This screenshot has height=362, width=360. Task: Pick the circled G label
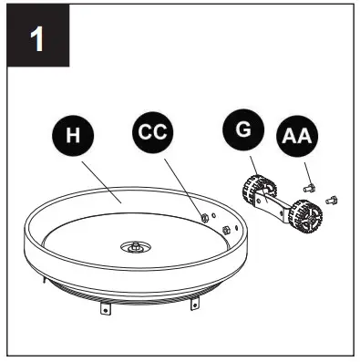click(242, 129)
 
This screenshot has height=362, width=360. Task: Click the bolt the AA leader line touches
click(309, 184)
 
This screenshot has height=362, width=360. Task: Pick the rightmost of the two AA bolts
click(332, 195)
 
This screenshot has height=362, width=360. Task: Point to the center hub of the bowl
click(136, 245)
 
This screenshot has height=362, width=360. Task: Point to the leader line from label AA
click(303, 166)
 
